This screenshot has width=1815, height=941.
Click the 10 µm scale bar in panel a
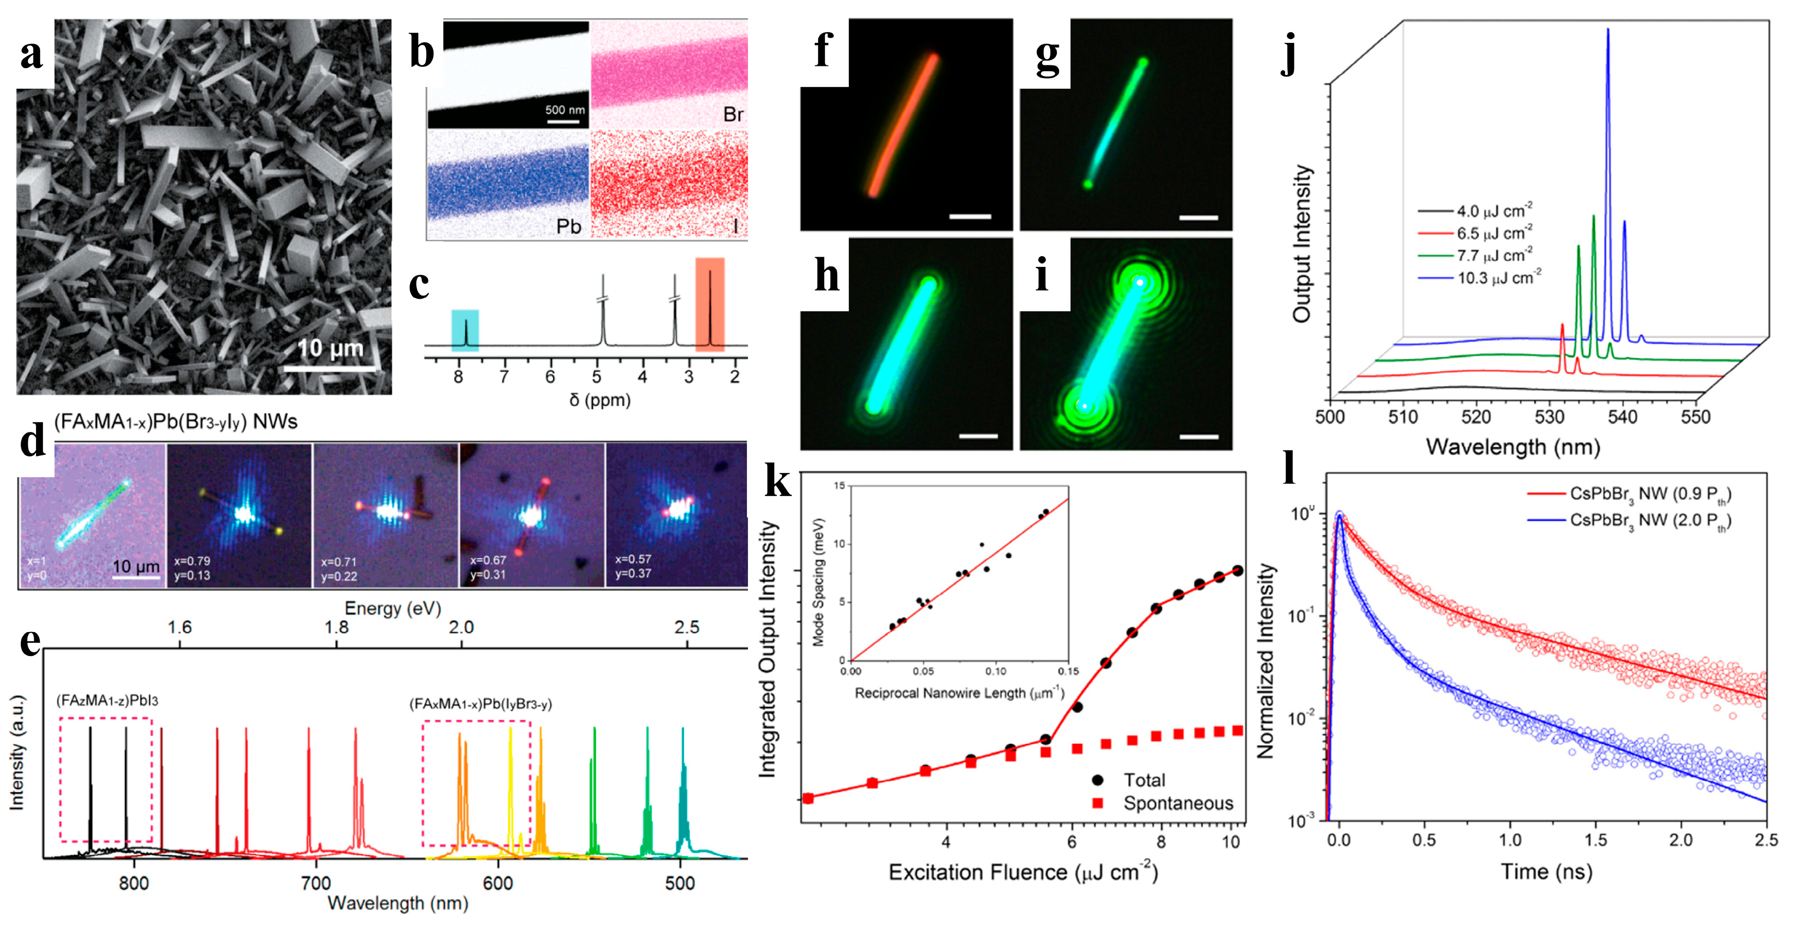[330, 367]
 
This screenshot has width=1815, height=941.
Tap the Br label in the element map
[733, 115]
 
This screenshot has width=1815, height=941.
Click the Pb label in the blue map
[568, 226]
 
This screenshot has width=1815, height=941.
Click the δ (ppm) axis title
[600, 400]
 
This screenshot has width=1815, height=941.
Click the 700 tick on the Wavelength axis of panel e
[316, 883]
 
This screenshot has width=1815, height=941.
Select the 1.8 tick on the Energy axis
[337, 627]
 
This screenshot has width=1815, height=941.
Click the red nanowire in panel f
[903, 125]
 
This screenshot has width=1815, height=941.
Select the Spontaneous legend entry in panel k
[1177, 803]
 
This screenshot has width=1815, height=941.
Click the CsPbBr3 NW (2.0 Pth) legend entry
[1649, 520]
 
